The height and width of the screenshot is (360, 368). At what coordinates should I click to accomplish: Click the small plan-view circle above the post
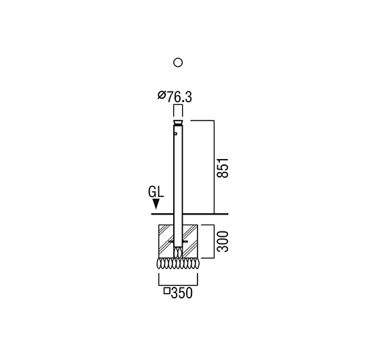(x=178, y=63)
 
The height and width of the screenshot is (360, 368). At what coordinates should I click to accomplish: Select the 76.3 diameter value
(x=179, y=97)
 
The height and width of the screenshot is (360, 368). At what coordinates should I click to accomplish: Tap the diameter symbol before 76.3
(x=162, y=95)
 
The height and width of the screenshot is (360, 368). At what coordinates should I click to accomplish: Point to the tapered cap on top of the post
(x=178, y=122)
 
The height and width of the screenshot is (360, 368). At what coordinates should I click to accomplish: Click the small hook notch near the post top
(x=175, y=134)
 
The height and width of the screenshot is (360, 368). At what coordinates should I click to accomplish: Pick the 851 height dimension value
(x=223, y=168)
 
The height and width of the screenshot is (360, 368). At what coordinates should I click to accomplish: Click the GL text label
(x=156, y=192)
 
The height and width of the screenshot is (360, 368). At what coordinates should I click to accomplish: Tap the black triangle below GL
(x=156, y=204)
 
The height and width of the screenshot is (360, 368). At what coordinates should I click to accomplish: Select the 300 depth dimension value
(x=223, y=242)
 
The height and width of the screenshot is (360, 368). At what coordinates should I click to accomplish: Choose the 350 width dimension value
(x=182, y=293)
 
